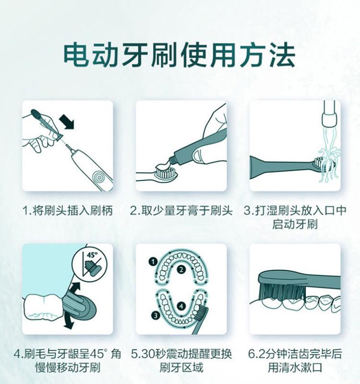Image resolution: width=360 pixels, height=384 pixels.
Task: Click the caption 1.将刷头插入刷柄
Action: point(68,210)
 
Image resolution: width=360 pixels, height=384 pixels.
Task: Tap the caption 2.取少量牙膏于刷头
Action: point(181,210)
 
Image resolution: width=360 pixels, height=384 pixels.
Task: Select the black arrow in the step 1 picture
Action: point(66,122)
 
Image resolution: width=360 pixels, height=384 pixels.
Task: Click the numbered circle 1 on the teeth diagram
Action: point(153,262)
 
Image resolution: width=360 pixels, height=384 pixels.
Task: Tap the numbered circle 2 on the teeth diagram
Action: point(181,270)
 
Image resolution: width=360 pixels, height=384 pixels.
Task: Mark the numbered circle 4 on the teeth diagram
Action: point(181,306)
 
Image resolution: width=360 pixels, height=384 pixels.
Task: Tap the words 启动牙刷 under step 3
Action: point(295,224)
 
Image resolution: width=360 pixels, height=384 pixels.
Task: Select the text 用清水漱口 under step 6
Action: point(295,367)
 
